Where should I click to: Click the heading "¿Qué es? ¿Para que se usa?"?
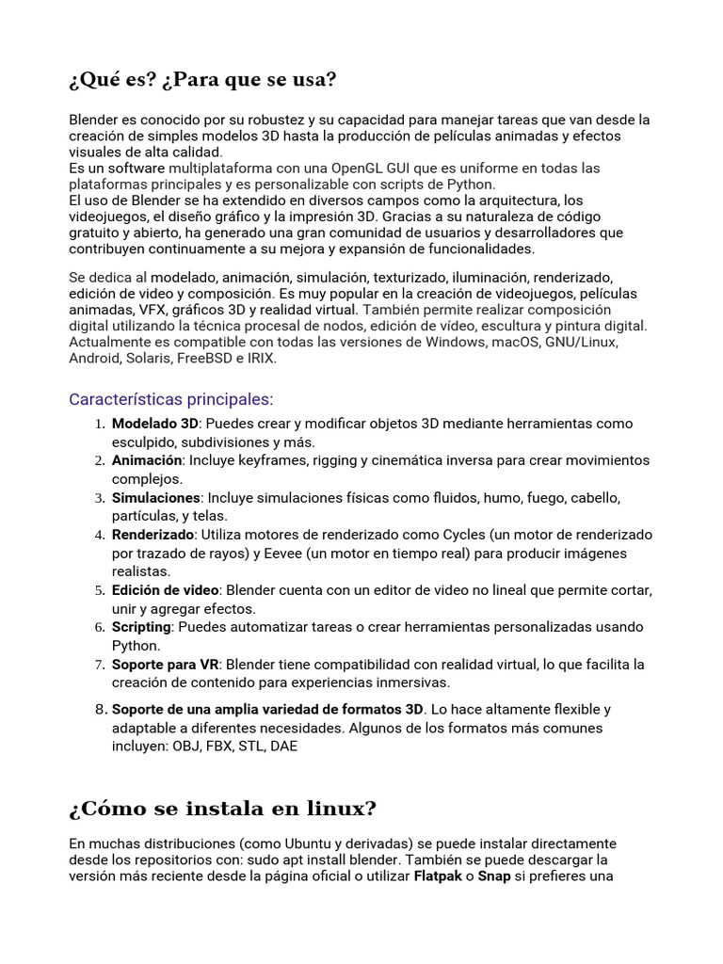(202, 80)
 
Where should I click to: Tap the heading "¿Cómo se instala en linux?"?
(222, 808)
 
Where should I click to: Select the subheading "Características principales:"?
(170, 399)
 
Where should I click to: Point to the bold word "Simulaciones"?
(156, 497)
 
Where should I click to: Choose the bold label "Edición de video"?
(165, 589)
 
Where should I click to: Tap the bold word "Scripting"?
(141, 627)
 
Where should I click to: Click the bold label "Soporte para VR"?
(166, 664)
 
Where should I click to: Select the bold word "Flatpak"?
(439, 876)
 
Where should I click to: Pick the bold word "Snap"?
(494, 876)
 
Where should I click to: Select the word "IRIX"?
(261, 359)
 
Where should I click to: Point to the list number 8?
(100, 709)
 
